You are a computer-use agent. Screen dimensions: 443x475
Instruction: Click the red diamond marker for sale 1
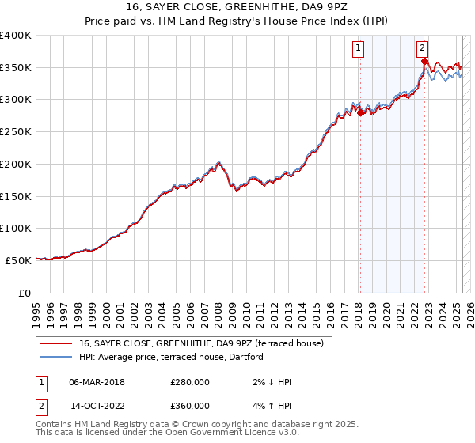(x=360, y=113)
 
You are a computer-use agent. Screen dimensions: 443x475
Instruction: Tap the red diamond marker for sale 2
(x=425, y=62)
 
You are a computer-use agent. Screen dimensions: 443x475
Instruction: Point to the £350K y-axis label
(x=16, y=67)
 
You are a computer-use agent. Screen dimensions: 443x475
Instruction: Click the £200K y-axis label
(x=16, y=164)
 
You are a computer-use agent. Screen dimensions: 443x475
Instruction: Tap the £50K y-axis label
(x=19, y=259)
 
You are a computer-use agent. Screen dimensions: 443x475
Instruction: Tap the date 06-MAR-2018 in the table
(x=97, y=382)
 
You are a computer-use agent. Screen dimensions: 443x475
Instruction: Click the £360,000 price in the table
(x=190, y=406)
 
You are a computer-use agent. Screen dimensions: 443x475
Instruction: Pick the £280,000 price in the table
(x=190, y=382)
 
